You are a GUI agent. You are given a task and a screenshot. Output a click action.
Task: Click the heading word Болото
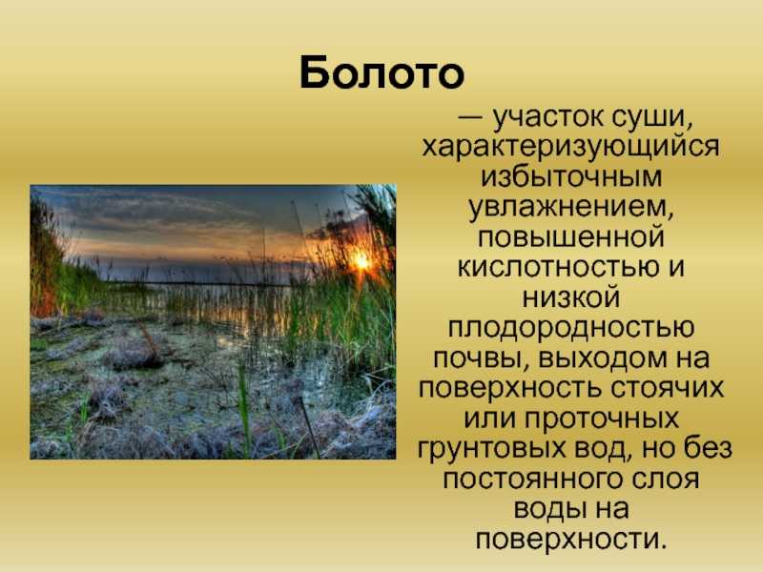pos(382,73)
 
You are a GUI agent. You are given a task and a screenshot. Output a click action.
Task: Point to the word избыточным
pos(571,176)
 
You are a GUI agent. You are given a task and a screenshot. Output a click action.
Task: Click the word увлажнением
pos(570,208)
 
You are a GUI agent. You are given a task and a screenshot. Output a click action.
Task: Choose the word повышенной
pos(570,237)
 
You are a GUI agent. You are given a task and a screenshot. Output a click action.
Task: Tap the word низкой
pos(570,297)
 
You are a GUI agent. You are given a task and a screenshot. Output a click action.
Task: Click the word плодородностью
pos(570,329)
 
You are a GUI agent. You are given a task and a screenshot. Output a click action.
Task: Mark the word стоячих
pos(665,388)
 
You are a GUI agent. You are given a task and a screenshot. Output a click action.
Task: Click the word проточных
pos(602,419)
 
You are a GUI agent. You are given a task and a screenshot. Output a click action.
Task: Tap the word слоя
pos(666,480)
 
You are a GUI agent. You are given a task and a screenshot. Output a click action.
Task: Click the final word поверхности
pos(570,540)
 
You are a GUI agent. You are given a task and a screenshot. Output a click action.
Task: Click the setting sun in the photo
pos(361,261)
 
